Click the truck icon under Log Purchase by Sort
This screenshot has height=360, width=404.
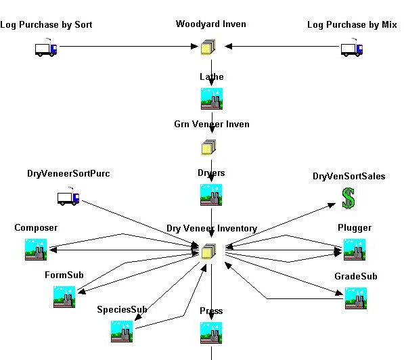(46, 48)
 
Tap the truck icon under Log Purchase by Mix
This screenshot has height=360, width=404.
(352, 48)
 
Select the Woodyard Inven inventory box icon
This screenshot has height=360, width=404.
(208, 47)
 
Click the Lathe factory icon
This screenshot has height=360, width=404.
(212, 99)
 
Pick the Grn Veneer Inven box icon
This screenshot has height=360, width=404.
(208, 147)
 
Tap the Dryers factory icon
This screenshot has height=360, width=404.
(211, 195)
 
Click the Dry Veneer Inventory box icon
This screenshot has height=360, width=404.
(208, 251)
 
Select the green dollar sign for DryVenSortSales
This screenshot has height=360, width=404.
(349, 198)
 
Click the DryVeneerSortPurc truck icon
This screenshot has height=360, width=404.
(68, 197)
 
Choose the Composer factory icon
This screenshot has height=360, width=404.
(36, 250)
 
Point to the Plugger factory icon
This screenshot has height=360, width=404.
(355, 250)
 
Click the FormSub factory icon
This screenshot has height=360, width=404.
(64, 297)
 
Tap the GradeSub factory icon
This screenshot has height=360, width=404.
(356, 298)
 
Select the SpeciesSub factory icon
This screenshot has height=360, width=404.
(122, 332)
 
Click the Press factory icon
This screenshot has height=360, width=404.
(211, 333)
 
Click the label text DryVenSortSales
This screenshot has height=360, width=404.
(349, 176)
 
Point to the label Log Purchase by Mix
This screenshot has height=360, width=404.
(352, 25)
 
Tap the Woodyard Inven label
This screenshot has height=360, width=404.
(210, 24)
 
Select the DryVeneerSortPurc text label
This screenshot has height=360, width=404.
(68, 173)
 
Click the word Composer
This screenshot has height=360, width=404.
(36, 228)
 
